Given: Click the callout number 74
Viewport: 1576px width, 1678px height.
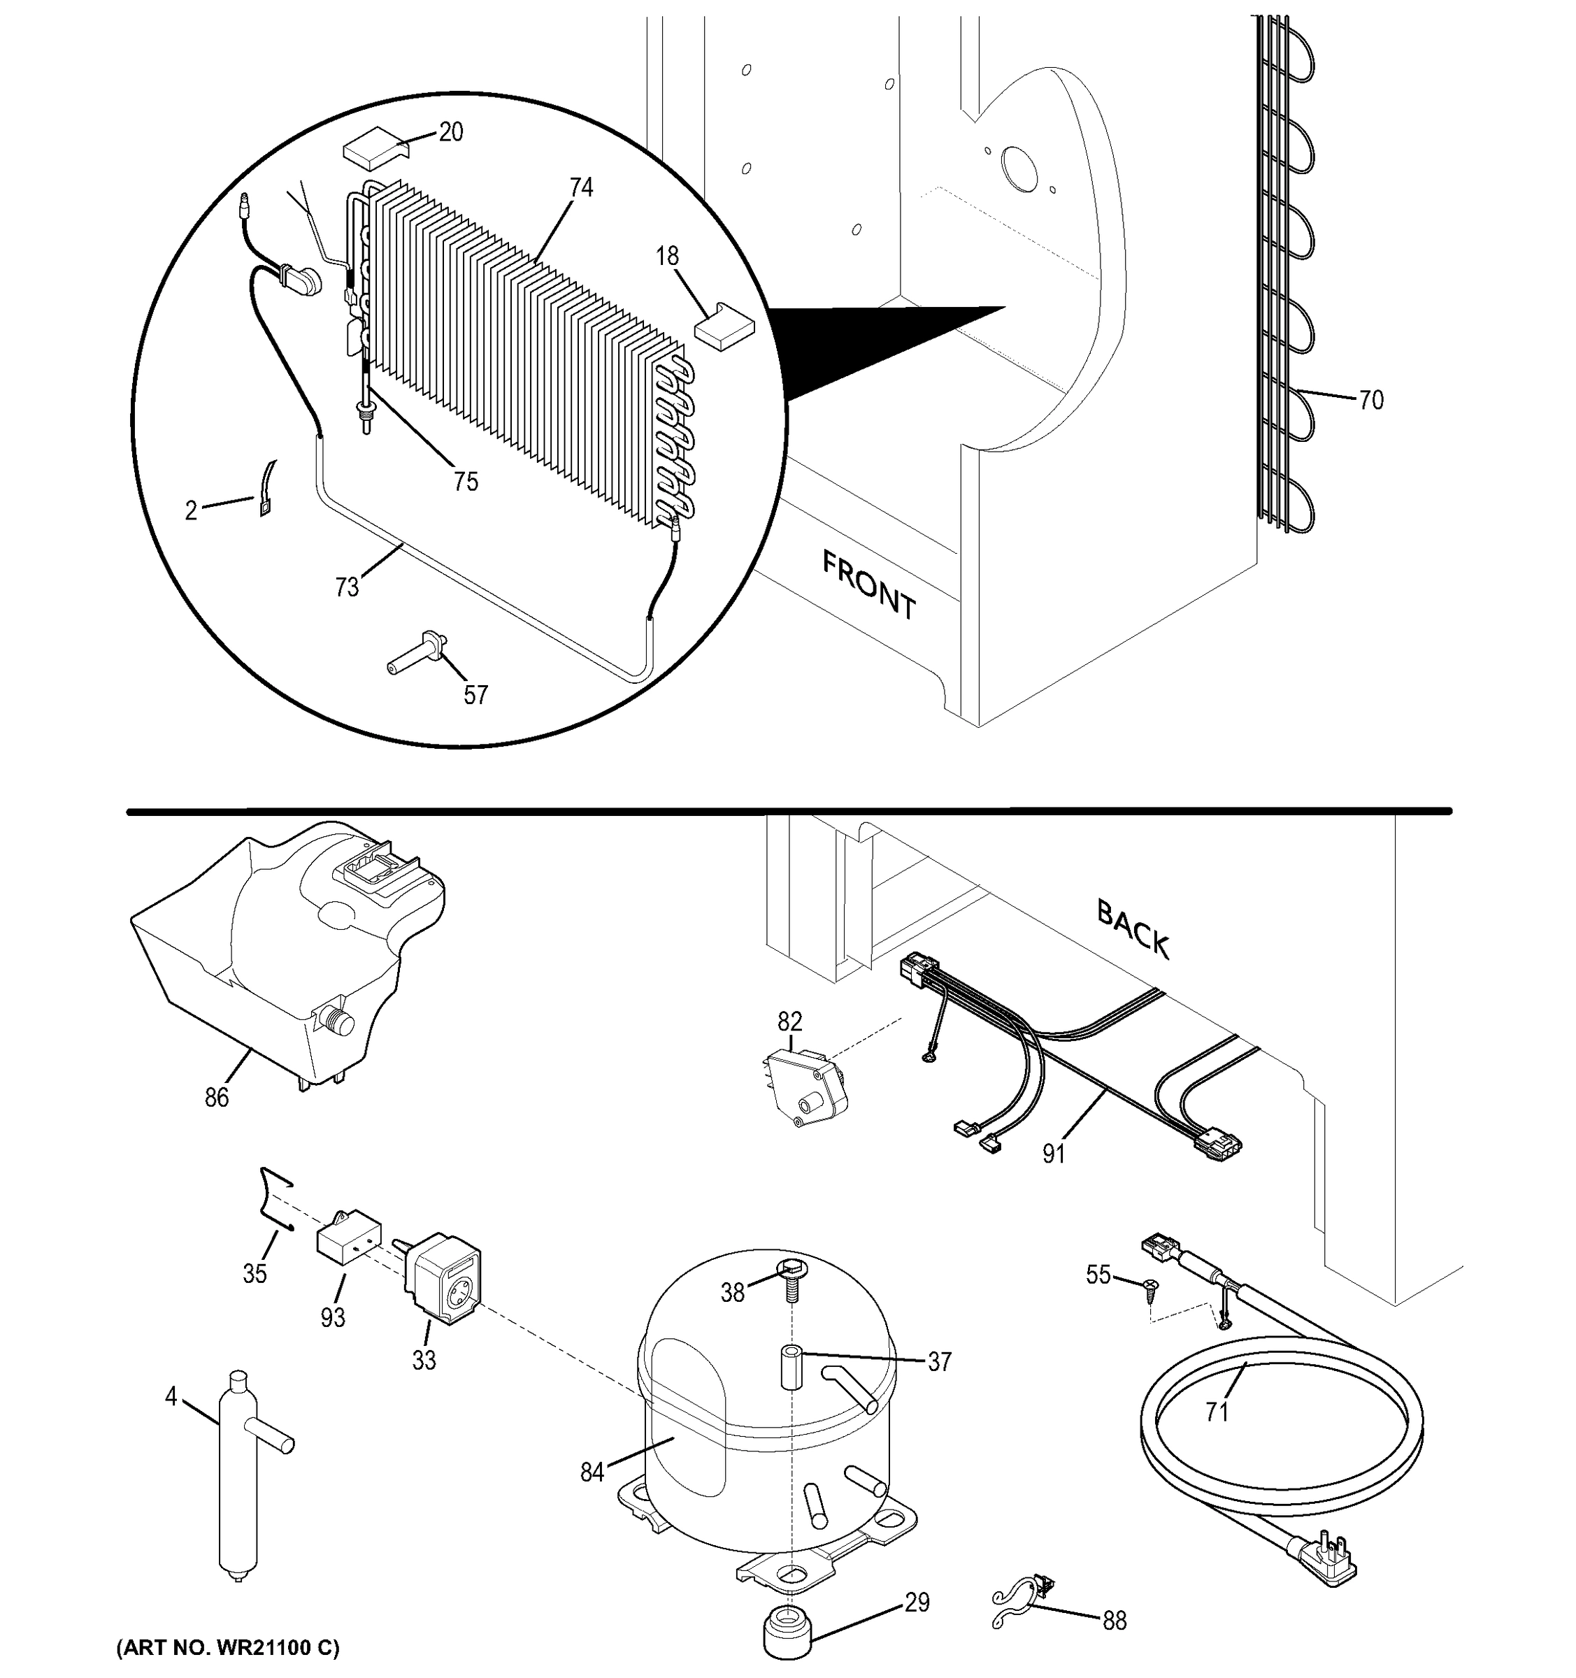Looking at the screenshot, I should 581,187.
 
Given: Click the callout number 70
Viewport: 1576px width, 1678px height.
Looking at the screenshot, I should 1371,400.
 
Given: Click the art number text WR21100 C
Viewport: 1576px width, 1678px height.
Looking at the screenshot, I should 227,1647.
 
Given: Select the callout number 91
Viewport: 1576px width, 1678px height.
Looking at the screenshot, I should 1054,1153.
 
